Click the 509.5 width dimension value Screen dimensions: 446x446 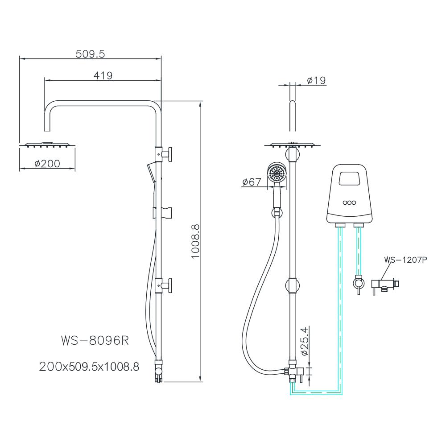click(x=90, y=54)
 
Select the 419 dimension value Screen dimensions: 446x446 click(x=103, y=75)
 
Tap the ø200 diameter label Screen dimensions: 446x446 click(x=47, y=164)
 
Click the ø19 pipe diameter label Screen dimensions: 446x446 click(x=317, y=80)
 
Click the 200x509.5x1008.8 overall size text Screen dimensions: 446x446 click(x=89, y=367)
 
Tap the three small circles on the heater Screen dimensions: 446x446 click(x=349, y=202)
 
